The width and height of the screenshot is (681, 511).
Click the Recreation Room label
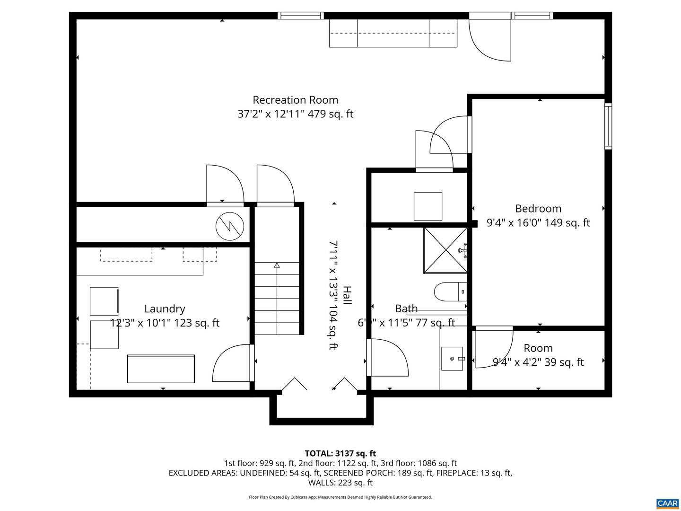(295, 100)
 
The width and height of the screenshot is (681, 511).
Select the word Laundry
(165, 308)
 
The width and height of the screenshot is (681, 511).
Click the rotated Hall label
(347, 295)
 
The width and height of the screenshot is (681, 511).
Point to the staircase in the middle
(277, 298)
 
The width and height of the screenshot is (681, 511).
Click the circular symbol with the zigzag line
(230, 227)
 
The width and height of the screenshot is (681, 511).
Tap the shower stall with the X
(445, 250)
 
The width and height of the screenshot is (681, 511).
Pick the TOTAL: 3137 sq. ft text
(340, 454)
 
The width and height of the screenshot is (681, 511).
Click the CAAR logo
(667, 503)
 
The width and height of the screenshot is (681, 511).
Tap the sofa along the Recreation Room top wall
(393, 33)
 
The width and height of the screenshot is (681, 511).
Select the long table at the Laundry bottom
(161, 369)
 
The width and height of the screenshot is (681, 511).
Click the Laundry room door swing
(232, 363)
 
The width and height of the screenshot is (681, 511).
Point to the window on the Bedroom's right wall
(608, 126)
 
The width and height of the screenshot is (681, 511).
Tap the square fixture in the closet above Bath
(428, 206)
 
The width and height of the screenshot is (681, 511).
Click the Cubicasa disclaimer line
(340, 497)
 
